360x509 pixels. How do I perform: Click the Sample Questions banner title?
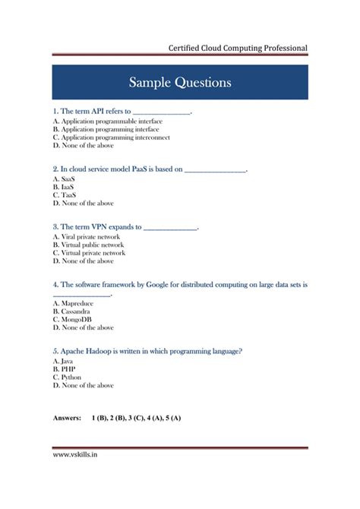[179, 82]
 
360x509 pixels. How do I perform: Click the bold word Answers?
[68, 419]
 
